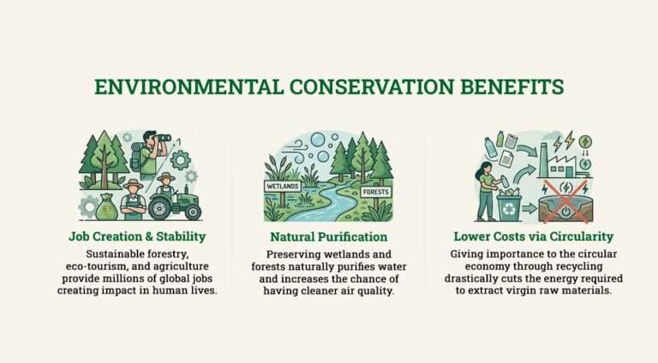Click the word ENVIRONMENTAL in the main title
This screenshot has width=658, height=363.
click(170, 87)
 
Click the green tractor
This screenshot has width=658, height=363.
click(175, 203)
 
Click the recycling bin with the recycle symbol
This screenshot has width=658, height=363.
click(511, 206)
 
